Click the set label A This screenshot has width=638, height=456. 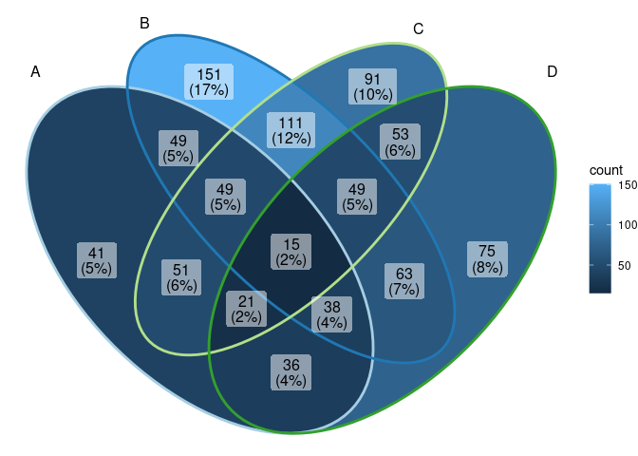point(36,72)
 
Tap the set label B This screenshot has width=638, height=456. point(144,23)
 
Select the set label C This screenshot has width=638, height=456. point(419,28)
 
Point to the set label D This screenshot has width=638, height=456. point(552,72)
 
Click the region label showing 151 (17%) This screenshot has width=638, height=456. point(209,82)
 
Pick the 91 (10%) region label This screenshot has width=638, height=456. point(372,86)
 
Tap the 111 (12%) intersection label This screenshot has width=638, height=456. point(291,130)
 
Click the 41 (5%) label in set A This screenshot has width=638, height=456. point(96,260)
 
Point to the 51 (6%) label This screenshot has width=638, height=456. point(181,277)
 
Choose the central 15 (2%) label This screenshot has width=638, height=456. point(291,251)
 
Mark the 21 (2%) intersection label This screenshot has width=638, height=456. point(245,310)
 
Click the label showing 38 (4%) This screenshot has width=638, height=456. point(332,314)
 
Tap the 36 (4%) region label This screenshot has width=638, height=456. point(291,372)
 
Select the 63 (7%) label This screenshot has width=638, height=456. point(403,281)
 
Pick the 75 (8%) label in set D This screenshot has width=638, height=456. point(487,259)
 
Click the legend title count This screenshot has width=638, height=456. point(606,170)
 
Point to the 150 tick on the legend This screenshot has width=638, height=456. point(628,186)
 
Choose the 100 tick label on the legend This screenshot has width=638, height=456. point(628,225)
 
